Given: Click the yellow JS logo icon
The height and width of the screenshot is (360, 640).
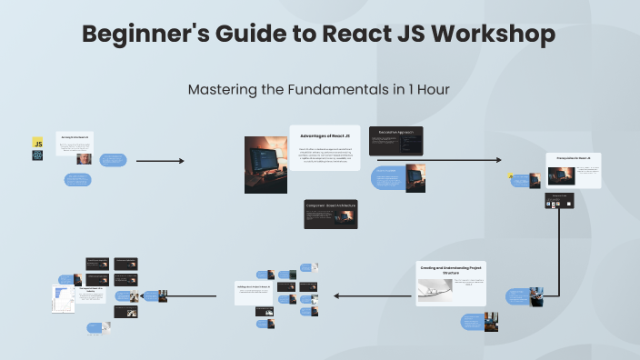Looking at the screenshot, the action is (x=38, y=143).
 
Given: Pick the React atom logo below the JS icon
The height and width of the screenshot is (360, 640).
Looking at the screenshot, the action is (x=38, y=155).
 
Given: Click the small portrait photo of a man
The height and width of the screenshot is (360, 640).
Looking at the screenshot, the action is (x=84, y=158).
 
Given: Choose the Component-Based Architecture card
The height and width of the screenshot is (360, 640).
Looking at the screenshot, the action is (x=330, y=214).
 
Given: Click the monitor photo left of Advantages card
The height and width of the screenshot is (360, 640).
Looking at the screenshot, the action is (x=266, y=164).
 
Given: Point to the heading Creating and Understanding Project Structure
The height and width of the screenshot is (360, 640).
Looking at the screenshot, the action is (x=452, y=269).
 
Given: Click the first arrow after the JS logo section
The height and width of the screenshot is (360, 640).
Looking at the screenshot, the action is (x=159, y=161).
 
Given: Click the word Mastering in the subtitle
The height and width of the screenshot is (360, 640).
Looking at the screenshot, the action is (x=219, y=90).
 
